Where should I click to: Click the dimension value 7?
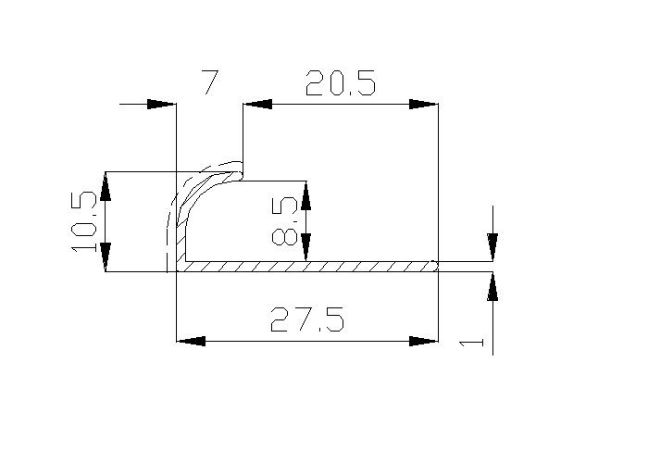[210, 83]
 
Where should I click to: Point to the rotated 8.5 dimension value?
[287, 221]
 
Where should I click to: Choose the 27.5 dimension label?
[307, 320]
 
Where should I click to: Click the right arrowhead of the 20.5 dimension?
[423, 105]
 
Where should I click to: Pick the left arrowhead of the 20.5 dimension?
[257, 105]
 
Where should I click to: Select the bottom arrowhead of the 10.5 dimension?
[106, 257]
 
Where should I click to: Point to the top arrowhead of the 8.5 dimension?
[305, 195]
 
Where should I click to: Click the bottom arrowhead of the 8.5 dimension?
[305, 246]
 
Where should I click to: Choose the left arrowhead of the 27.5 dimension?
[191, 342]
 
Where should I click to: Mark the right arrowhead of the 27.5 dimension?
[423, 342]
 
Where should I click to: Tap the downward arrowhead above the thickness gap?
[492, 246]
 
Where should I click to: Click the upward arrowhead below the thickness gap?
[492, 286]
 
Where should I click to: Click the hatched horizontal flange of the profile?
[305, 267]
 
